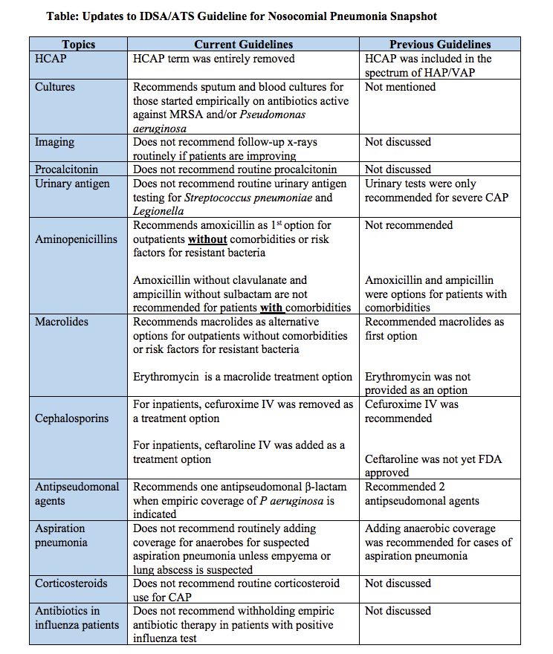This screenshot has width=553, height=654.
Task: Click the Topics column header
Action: click(78, 45)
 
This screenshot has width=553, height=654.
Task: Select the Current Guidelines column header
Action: click(243, 45)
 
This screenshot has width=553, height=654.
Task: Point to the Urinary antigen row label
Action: click(72, 184)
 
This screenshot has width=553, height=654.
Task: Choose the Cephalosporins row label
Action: click(71, 418)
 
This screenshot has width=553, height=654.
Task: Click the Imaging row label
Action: click(55, 142)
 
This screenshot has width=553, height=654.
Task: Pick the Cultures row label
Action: click(55, 87)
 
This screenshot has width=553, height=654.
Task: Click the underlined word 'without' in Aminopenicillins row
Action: click(207, 239)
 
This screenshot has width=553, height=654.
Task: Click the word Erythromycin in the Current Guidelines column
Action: click(166, 377)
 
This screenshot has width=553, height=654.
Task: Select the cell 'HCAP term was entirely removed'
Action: click(214, 59)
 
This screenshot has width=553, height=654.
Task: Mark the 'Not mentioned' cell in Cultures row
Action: click(400, 87)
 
